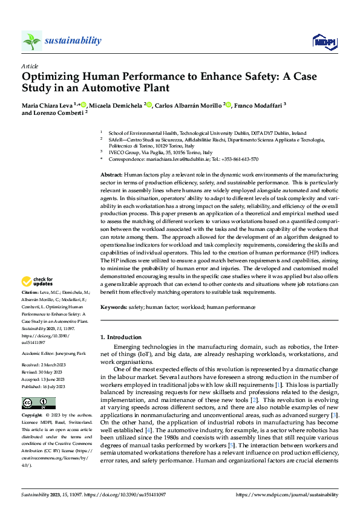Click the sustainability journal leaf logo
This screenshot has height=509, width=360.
31,41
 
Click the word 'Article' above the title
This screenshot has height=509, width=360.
30,65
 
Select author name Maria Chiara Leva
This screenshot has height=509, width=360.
47,105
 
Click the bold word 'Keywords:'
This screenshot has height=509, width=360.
114,307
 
